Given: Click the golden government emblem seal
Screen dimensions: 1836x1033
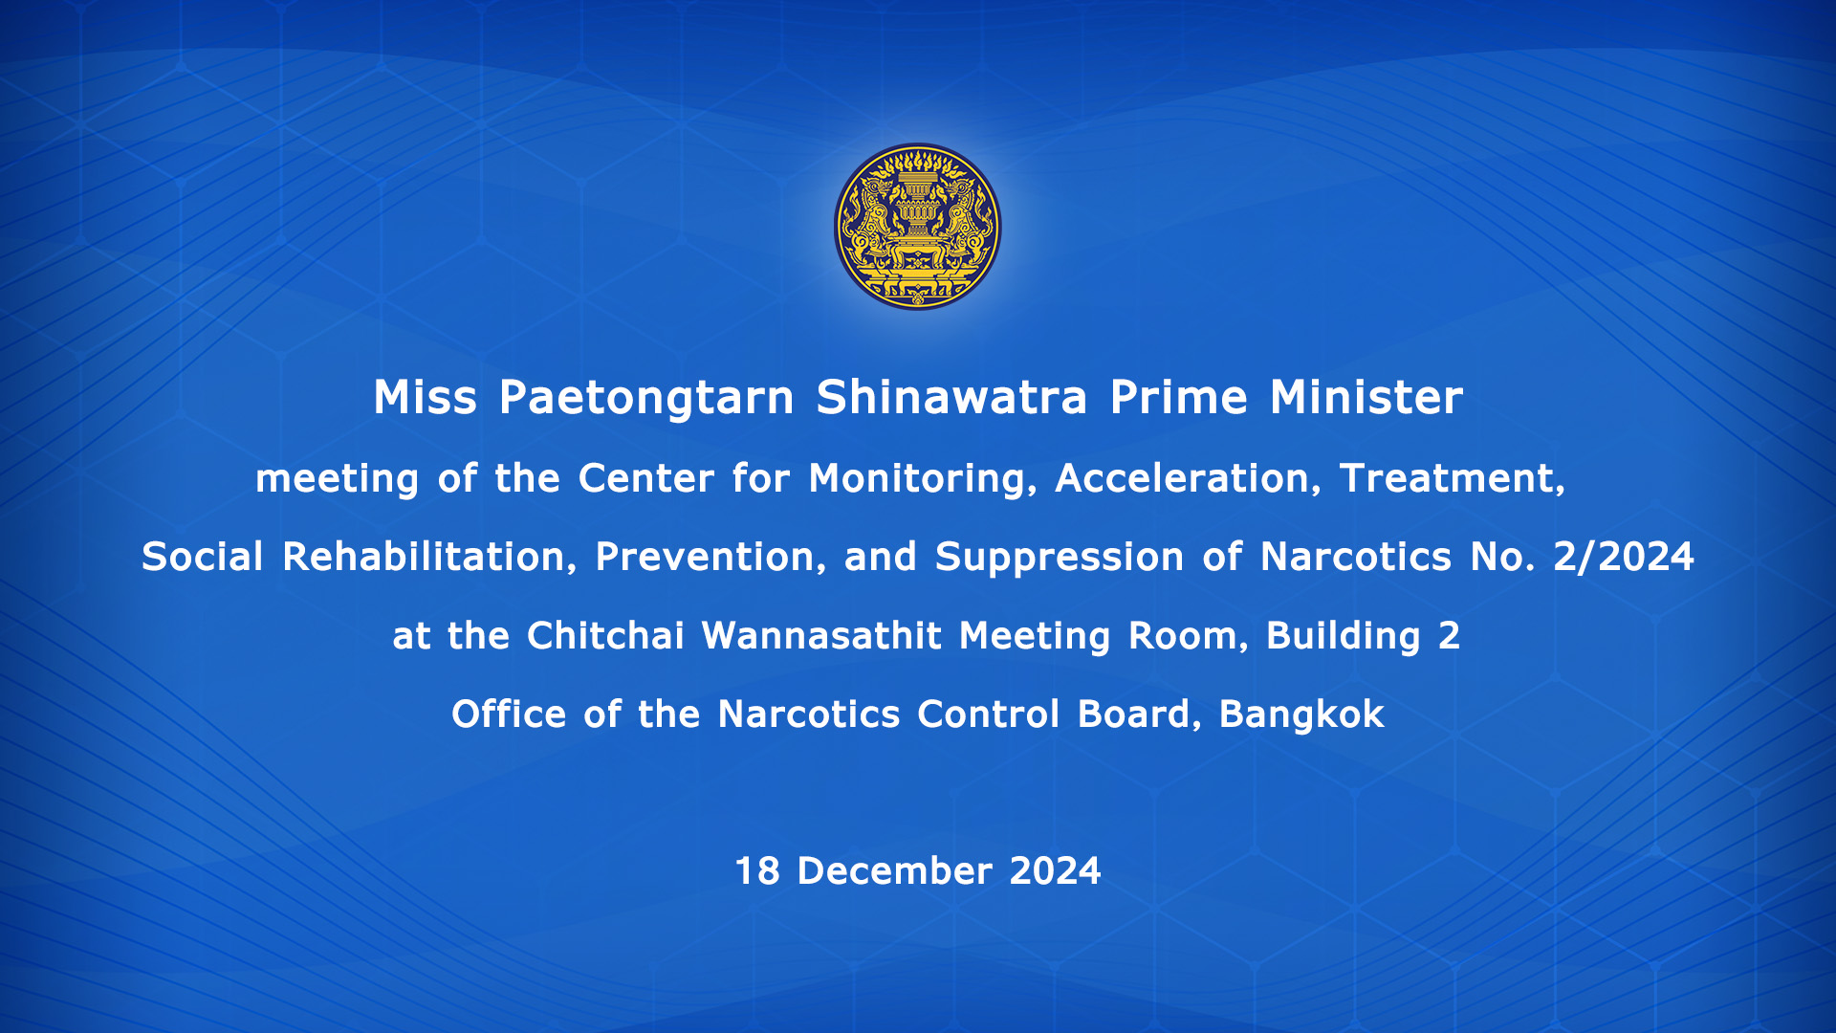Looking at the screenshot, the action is [918, 227].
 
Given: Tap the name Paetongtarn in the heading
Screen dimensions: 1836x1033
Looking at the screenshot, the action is [646, 399].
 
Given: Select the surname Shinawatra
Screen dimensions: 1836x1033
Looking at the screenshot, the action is [951, 397].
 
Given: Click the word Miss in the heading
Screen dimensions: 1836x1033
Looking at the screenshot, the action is [425, 397].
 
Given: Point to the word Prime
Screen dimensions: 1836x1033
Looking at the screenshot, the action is [1179, 397].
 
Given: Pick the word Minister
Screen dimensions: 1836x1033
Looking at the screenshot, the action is [1366, 397].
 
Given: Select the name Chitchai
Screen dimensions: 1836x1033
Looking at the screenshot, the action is [605, 636].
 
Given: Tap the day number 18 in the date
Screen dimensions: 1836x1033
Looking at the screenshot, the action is [757, 871].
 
